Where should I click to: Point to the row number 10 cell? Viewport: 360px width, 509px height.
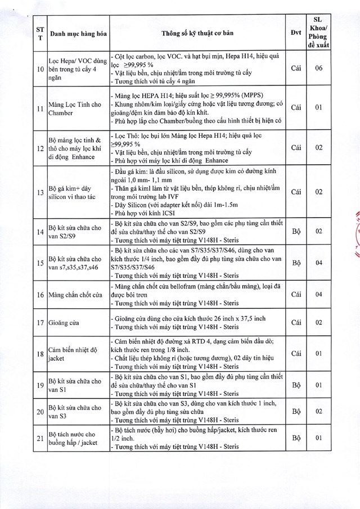39,69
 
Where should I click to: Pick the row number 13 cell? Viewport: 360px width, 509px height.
39,192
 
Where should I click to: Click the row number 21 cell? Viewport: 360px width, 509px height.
39,438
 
